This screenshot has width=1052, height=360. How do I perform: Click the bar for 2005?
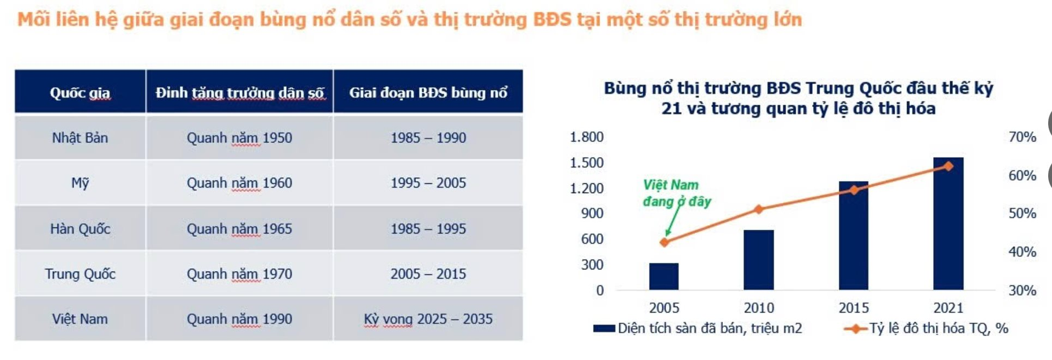point(664,276)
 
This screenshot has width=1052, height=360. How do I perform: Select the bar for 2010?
point(758,260)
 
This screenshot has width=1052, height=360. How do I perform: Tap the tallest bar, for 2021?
point(948,224)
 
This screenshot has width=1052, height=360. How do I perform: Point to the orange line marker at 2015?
point(854,190)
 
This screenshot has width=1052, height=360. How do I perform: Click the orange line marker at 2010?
point(759,209)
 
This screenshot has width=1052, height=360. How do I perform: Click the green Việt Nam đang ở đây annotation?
point(677,193)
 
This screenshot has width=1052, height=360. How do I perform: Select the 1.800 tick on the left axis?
point(586,137)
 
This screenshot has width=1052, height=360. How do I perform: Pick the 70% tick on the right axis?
point(1022,137)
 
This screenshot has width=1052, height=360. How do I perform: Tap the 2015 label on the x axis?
point(854,308)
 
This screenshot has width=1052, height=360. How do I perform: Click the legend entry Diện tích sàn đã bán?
point(697,328)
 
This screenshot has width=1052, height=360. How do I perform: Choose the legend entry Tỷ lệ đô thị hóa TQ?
point(926,328)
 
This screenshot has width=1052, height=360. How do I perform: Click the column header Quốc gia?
point(80,93)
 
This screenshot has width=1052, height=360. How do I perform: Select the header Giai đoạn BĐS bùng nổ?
point(428,92)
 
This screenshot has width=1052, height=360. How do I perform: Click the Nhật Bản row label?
point(80,138)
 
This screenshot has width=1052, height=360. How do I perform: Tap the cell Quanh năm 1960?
point(239,182)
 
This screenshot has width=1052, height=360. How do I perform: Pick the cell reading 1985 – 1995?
point(428,228)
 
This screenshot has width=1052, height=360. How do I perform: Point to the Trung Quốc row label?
point(80,273)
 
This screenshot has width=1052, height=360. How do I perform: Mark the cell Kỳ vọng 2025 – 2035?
point(428,319)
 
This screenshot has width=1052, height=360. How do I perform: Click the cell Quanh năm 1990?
point(239,319)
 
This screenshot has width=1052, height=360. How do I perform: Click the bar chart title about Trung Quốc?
point(798,98)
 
